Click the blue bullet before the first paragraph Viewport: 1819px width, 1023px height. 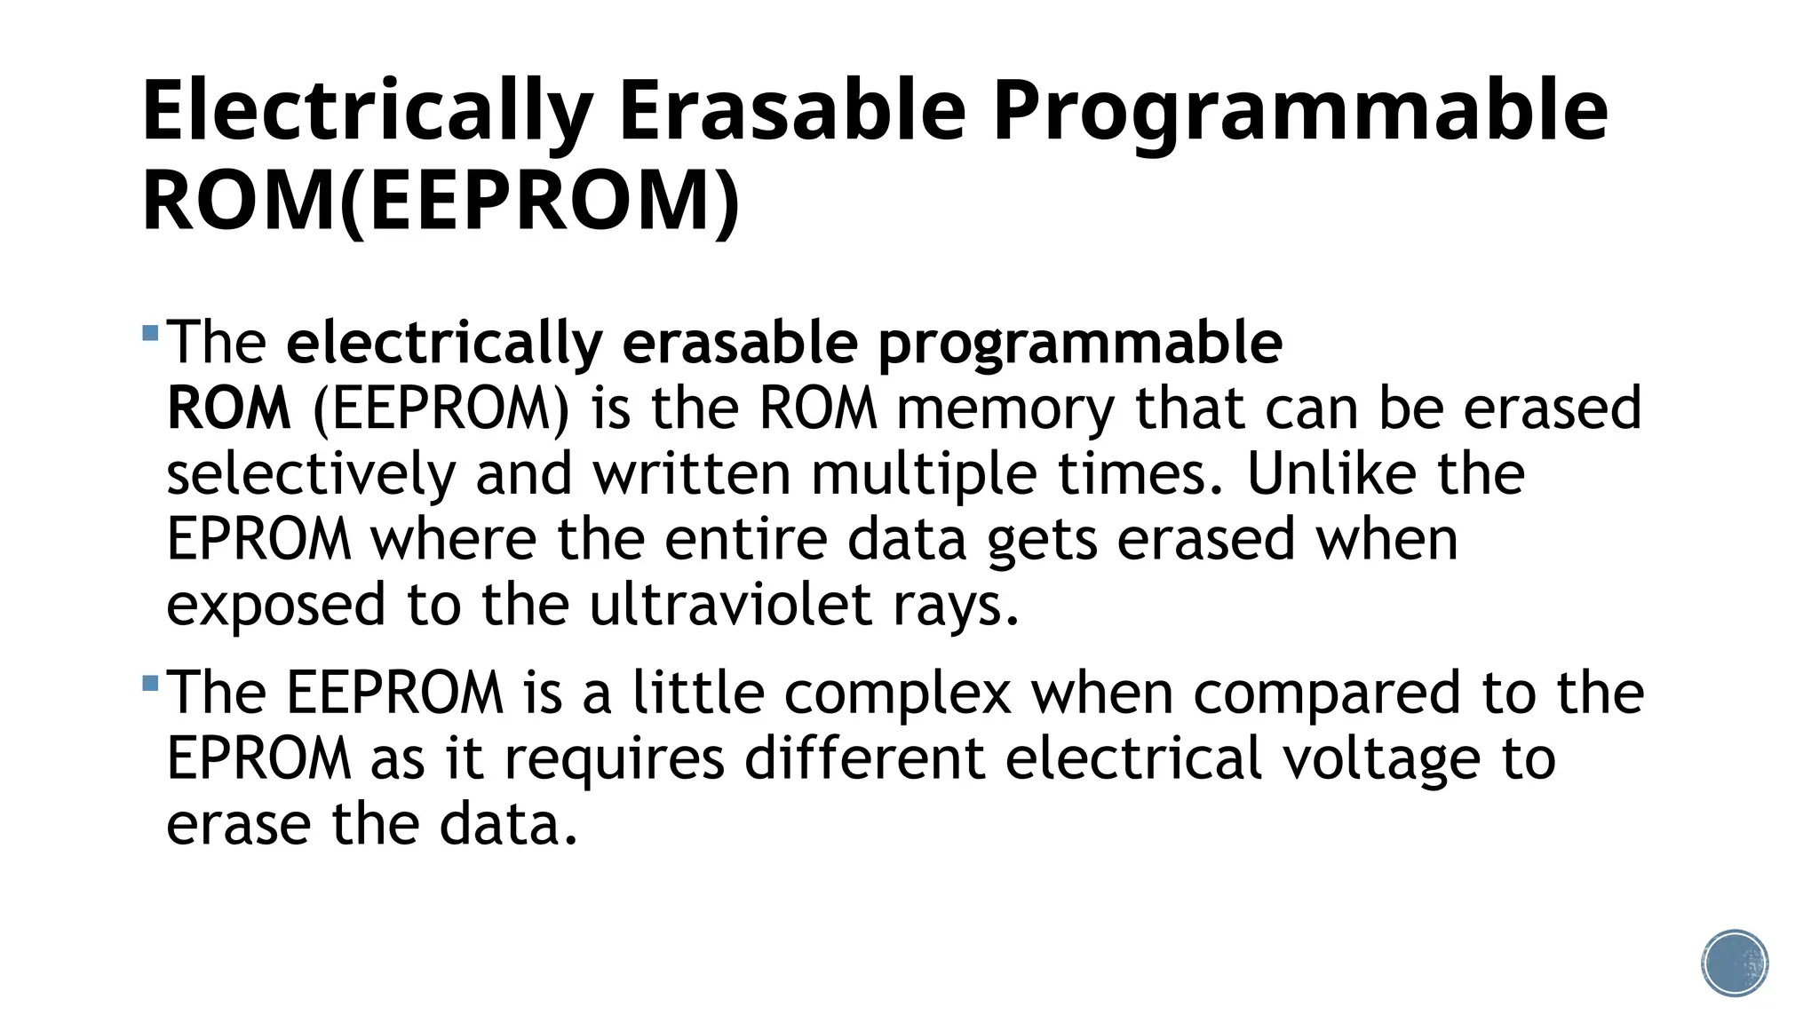tap(150, 334)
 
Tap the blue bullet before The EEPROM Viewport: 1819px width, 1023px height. tap(150, 684)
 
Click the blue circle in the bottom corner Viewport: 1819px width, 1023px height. tap(1735, 964)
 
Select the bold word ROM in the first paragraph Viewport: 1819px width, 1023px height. tap(229, 408)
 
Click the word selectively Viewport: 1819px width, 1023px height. tap(311, 474)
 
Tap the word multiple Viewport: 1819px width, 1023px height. tap(924, 474)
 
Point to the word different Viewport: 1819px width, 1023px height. tap(864, 758)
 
